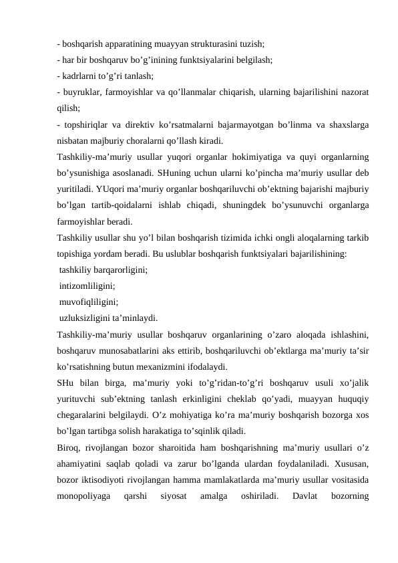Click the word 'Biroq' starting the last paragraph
coord(69,447)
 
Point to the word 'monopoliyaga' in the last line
coord(84,495)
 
